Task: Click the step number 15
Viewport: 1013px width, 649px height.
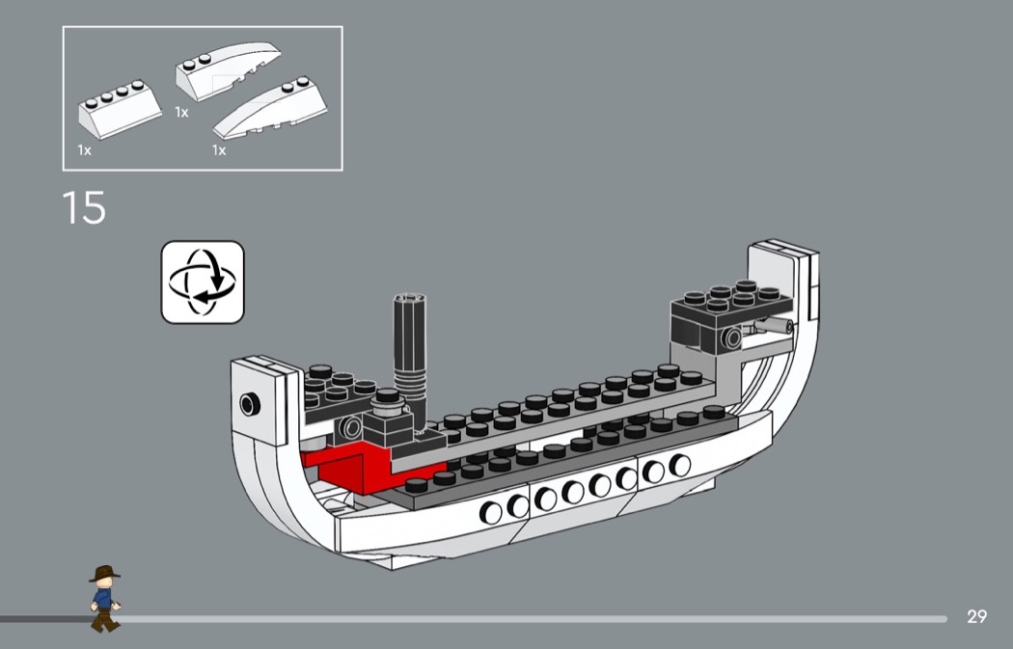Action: pyautogui.click(x=84, y=207)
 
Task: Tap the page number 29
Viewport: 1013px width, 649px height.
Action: pyautogui.click(x=976, y=616)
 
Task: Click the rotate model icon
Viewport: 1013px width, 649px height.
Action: pyautogui.click(x=203, y=283)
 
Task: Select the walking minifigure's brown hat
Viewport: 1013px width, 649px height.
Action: pyautogui.click(x=104, y=573)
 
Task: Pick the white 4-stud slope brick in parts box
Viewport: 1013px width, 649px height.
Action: pyautogui.click(x=121, y=109)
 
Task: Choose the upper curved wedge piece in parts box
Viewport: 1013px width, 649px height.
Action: pyautogui.click(x=228, y=70)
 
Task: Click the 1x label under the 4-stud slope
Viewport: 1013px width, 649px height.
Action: pyautogui.click(x=84, y=150)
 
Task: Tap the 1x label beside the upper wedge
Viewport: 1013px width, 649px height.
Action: pyautogui.click(x=181, y=113)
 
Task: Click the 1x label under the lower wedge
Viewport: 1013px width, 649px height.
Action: pyautogui.click(x=219, y=150)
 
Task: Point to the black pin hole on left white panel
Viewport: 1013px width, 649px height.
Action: pyautogui.click(x=250, y=404)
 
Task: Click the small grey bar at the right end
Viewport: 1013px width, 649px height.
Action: pyautogui.click(x=774, y=326)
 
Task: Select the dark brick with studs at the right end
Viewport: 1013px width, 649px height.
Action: pyautogui.click(x=730, y=316)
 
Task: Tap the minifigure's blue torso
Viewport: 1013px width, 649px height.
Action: pyautogui.click(x=102, y=598)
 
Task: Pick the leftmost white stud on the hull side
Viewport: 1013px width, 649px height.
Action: pyautogui.click(x=490, y=513)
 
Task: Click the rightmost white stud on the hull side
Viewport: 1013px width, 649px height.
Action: pyautogui.click(x=679, y=465)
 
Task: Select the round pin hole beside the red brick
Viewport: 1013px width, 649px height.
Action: pyautogui.click(x=351, y=428)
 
